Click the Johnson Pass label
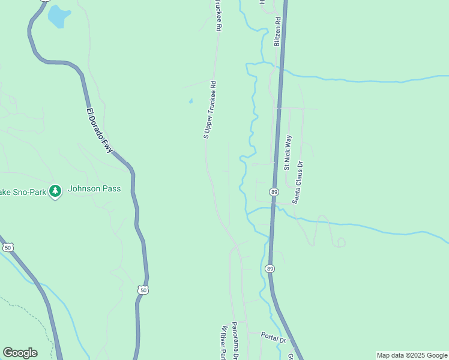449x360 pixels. [x=94, y=188]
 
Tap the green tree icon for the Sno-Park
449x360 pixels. [x=56, y=191]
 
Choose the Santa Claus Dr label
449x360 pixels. [x=298, y=182]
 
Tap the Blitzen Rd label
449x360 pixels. [x=277, y=32]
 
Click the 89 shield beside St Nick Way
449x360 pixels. [x=274, y=191]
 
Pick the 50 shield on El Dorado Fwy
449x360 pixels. [x=143, y=290]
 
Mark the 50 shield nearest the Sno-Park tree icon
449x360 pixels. [x=8, y=247]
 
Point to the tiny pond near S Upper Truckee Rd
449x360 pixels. [x=191, y=101]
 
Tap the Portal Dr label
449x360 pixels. [x=274, y=337]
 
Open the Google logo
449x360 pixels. [x=20, y=352]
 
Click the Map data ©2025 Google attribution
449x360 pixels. [x=412, y=355]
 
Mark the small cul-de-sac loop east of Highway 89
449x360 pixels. [x=341, y=242]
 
